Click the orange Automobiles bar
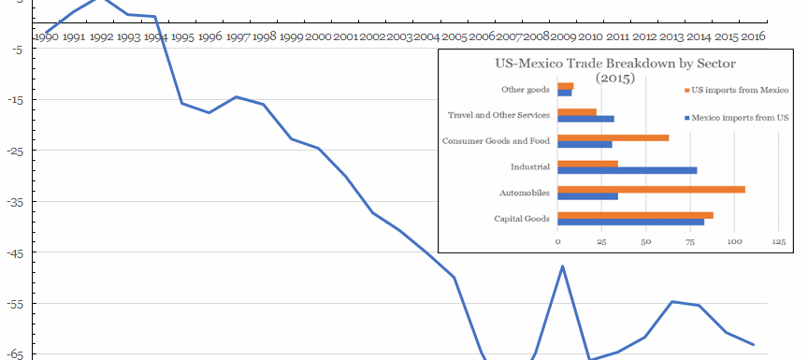tap(651, 189)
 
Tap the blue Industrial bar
tap(627, 170)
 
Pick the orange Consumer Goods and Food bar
tap(613, 137)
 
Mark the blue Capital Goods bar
tap(630, 222)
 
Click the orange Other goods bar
tap(565, 86)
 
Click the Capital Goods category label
tap(522, 219)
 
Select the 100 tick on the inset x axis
tap(734, 241)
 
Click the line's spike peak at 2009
tap(563, 266)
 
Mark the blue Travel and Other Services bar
tap(585, 119)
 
